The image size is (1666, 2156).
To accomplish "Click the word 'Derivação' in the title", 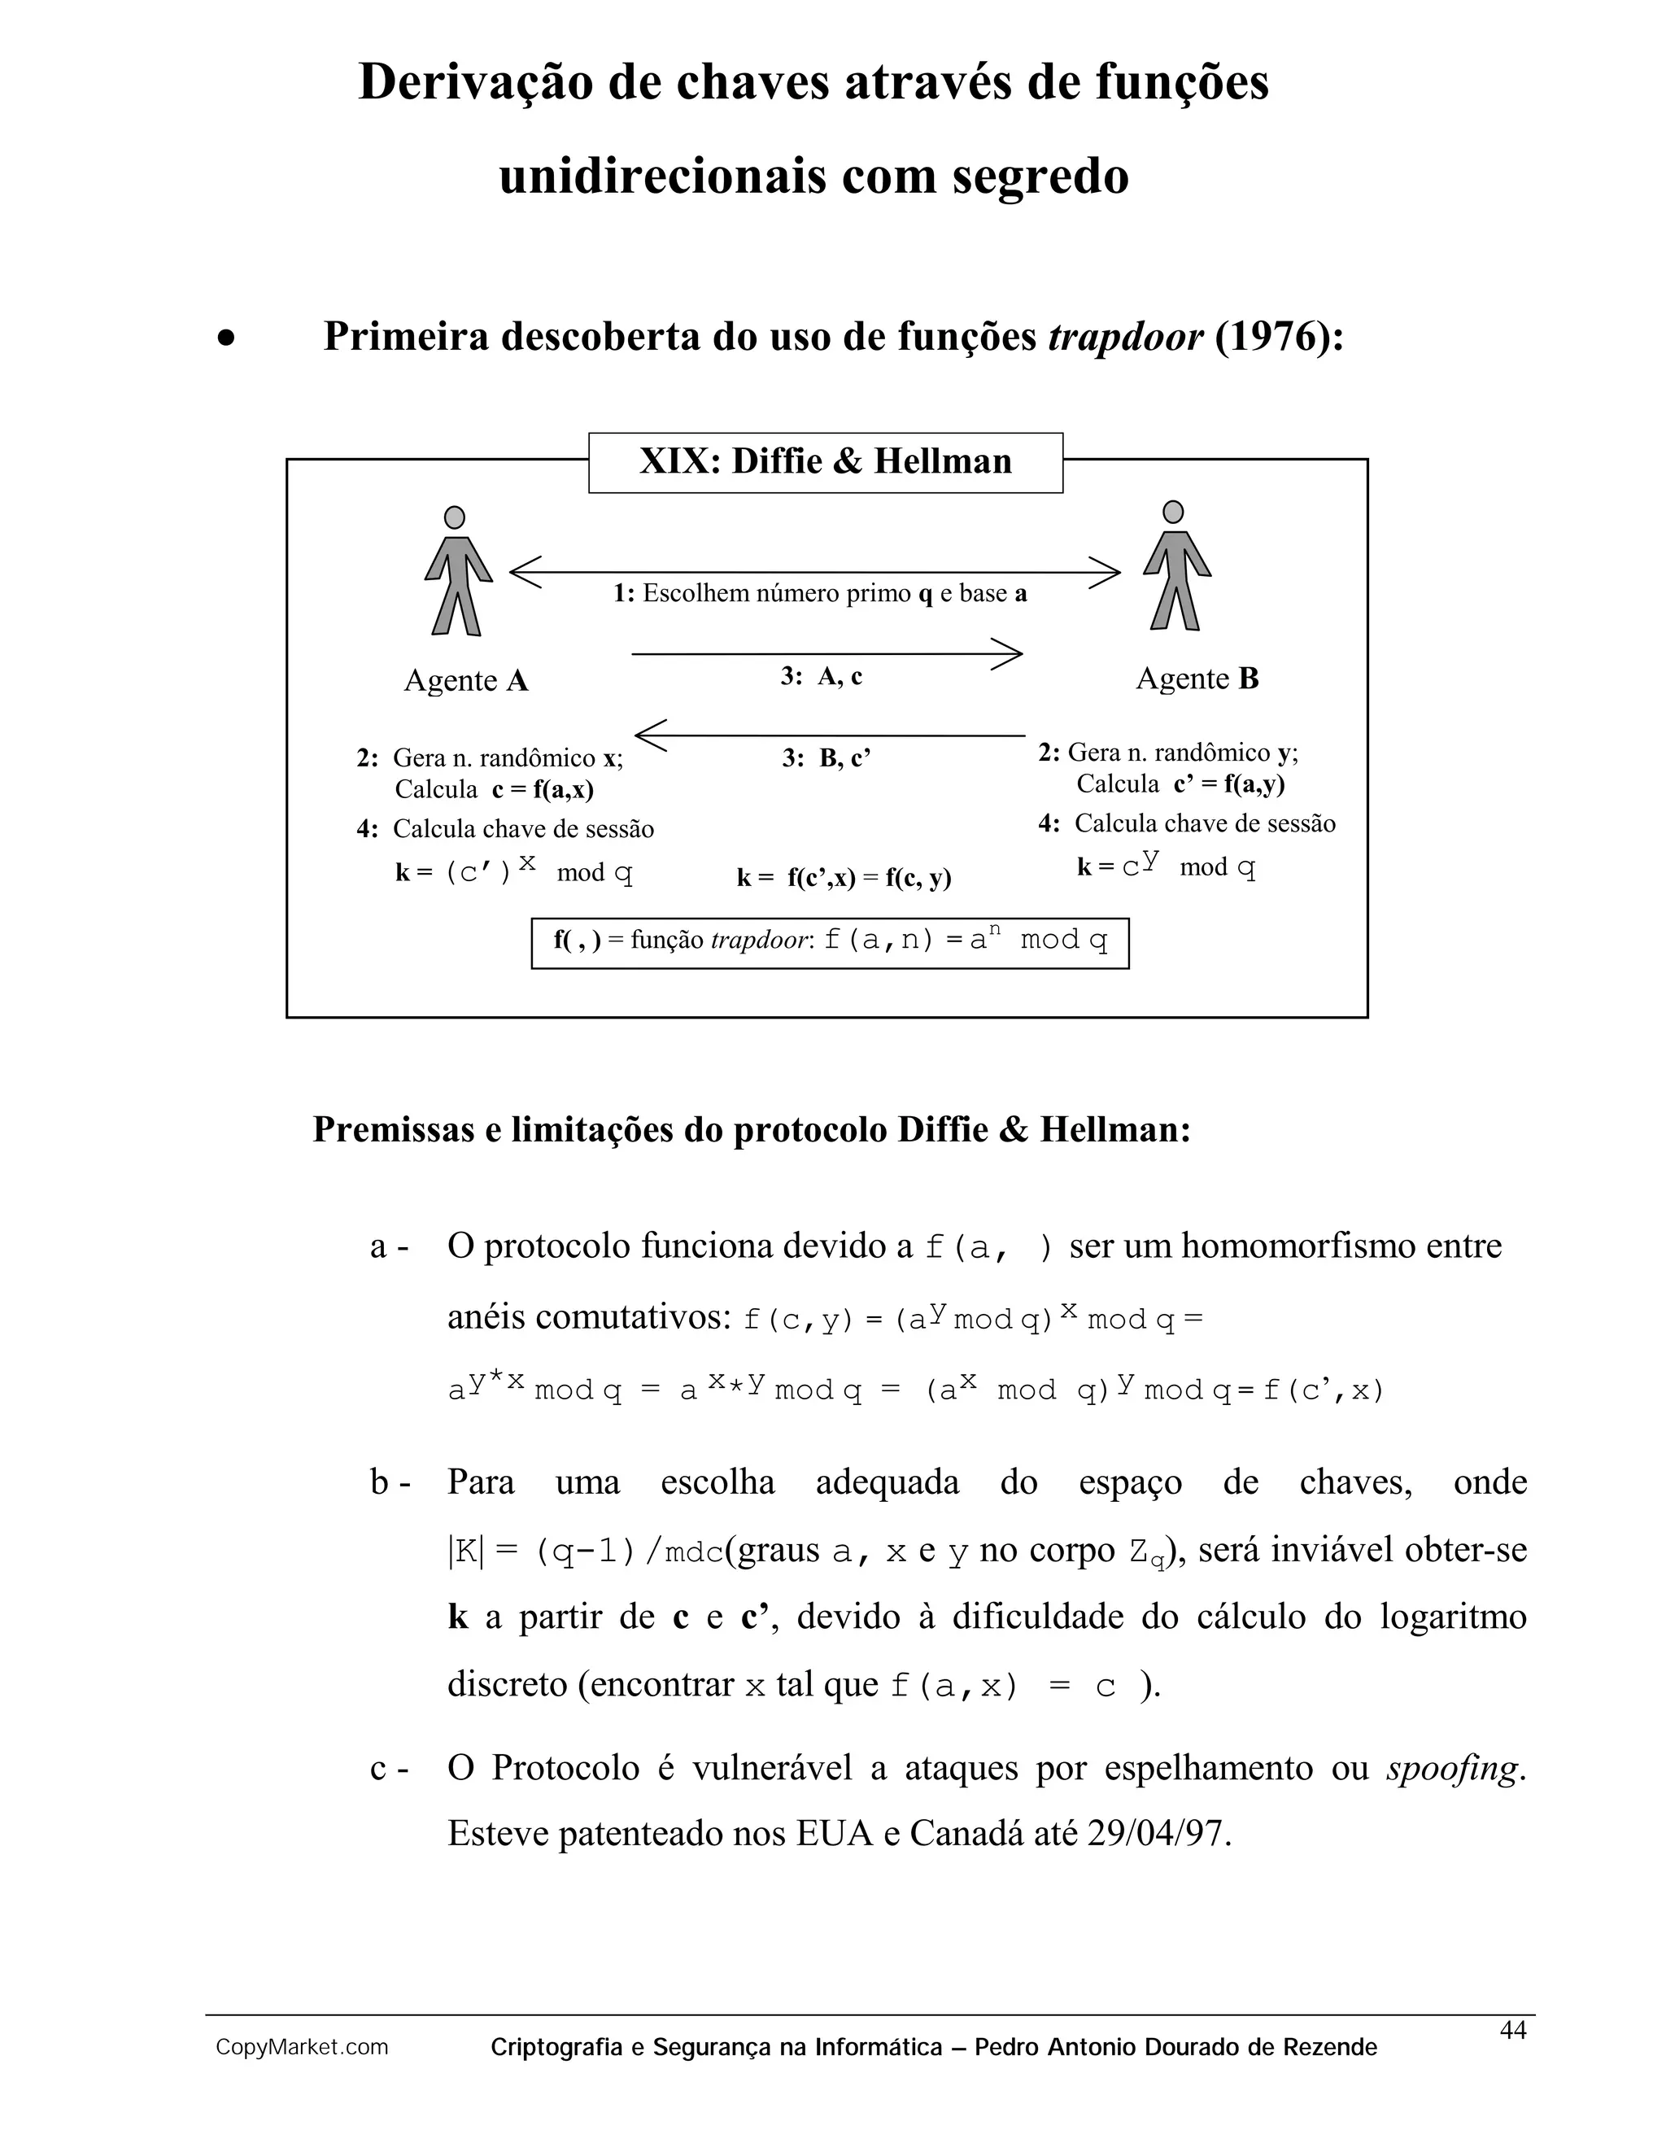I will (473, 83).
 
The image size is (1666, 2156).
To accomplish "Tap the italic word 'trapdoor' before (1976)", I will (1125, 338).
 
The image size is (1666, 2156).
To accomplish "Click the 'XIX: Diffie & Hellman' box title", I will (825, 462).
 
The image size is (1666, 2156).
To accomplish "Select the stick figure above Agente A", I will (457, 573).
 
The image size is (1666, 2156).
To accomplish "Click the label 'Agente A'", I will (466, 681).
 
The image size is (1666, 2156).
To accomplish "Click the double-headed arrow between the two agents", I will (814, 572).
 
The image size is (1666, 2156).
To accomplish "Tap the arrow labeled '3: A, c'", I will (827, 653).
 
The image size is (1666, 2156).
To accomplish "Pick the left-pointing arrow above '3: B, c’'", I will (829, 735).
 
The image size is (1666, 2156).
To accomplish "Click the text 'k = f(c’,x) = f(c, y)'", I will (844, 878).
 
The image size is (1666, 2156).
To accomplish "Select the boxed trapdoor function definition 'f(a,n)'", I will (829, 943).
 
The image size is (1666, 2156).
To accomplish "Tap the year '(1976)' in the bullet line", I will (1279, 338).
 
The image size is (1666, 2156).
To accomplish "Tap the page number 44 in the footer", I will (1512, 2031).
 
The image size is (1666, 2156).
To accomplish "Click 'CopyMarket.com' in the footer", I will (302, 2048).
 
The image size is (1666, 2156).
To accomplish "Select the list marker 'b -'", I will (390, 1482).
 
